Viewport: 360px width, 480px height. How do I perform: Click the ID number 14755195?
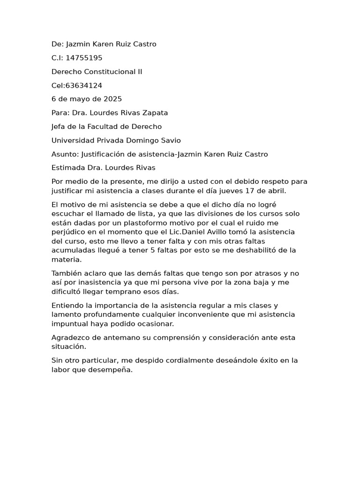(x=84, y=58)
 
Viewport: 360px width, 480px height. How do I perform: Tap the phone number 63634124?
(x=84, y=86)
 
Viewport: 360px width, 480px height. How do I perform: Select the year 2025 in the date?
(x=112, y=99)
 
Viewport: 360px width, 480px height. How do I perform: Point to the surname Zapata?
(x=155, y=113)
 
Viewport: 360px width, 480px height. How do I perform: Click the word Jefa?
(x=59, y=127)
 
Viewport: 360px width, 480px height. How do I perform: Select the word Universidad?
(x=72, y=141)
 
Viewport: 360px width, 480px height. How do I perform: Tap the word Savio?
(x=170, y=141)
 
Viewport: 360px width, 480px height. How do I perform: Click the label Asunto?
(x=65, y=154)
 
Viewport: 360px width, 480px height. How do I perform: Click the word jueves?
(x=228, y=191)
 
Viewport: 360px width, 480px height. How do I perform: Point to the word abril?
(x=276, y=191)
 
